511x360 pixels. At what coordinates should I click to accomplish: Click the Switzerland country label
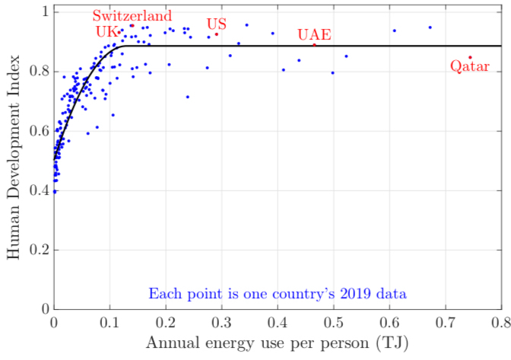pos(132,16)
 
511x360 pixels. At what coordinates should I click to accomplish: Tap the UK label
pos(106,32)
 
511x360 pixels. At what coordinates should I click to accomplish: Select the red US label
pos(217,24)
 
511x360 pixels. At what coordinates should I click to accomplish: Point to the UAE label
pos(314,35)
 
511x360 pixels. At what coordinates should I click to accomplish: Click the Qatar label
pos(470,66)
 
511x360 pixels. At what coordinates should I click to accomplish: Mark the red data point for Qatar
pos(470,57)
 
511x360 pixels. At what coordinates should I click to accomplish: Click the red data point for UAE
pos(314,45)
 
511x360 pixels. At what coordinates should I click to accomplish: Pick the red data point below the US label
pos(217,34)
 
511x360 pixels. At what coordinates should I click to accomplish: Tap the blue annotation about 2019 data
pos(278,293)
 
